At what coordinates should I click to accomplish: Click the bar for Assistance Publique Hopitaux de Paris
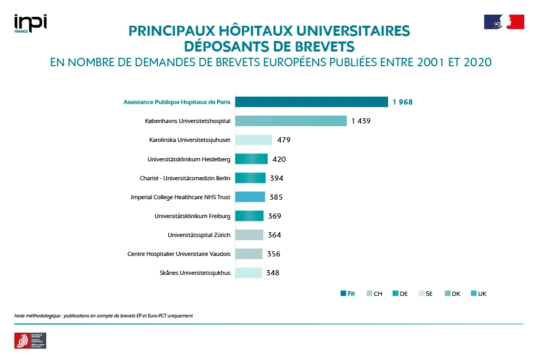point(311,102)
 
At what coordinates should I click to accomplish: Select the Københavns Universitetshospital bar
point(291,121)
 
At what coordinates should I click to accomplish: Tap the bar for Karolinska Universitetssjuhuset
point(253,140)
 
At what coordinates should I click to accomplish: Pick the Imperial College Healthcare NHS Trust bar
point(250,197)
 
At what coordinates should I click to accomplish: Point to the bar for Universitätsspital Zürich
point(249,235)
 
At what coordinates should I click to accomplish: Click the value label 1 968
point(402,102)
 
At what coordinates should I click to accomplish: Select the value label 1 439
point(361,121)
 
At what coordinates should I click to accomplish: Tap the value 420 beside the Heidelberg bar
point(279,159)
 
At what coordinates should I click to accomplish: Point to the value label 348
point(272,273)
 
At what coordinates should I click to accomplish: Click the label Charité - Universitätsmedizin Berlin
point(185,178)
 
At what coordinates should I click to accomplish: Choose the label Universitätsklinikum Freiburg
point(192,216)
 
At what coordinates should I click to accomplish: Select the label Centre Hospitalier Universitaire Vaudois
point(179,254)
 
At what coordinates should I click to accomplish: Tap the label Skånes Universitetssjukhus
point(195,273)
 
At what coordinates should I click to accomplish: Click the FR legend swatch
point(343,294)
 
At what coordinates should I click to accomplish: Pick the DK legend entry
point(452,294)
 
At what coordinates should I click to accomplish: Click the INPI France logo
point(30,24)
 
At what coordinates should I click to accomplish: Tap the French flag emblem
point(504,22)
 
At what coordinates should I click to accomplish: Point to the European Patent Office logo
point(30,341)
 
